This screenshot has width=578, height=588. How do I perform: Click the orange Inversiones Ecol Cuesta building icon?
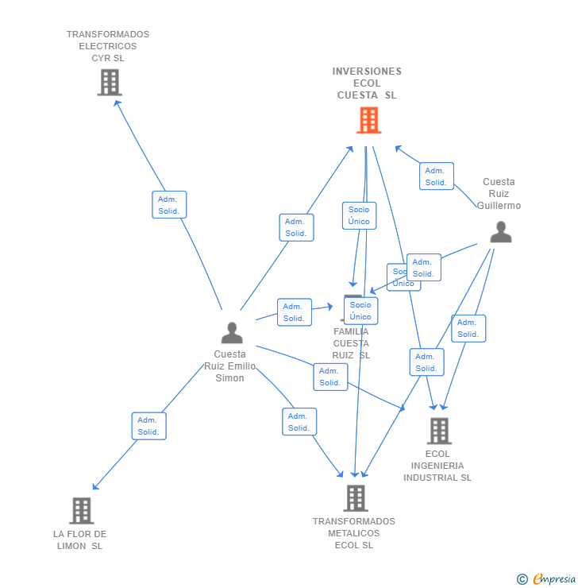click(x=368, y=120)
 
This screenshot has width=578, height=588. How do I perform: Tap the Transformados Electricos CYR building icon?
click(x=110, y=82)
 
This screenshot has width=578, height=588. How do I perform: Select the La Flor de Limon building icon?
click(x=82, y=510)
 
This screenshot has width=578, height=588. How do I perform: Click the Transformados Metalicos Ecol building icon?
click(x=355, y=498)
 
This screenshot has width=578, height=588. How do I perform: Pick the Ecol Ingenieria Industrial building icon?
click(x=438, y=431)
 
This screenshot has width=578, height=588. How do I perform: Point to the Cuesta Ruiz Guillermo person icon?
click(x=500, y=232)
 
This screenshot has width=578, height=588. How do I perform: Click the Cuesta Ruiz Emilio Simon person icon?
click(x=232, y=332)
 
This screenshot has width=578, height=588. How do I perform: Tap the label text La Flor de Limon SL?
click(x=79, y=540)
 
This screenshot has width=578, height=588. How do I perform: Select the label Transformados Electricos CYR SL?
click(x=108, y=46)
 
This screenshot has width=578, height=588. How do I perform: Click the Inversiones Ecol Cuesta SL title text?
click(x=367, y=83)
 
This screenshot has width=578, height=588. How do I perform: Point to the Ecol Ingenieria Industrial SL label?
click(x=437, y=466)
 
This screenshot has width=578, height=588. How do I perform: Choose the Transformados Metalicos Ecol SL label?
click(x=354, y=533)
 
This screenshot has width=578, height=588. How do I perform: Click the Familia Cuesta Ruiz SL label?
click(x=351, y=343)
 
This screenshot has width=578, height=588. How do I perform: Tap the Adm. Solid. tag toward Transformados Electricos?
click(x=169, y=204)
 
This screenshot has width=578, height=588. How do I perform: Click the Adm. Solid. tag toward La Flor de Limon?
click(x=148, y=426)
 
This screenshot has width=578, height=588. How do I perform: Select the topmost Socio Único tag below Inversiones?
click(x=359, y=215)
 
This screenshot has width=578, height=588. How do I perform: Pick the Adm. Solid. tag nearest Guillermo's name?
click(x=436, y=176)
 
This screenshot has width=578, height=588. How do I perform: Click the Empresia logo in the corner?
click(x=547, y=578)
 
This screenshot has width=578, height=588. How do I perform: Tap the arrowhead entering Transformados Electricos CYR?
click(x=116, y=101)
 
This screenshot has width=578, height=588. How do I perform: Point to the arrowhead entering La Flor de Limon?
click(x=94, y=488)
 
